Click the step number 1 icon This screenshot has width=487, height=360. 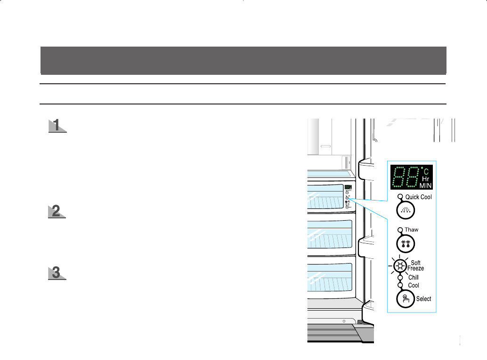pyautogui.click(x=57, y=126)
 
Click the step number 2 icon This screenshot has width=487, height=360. pyautogui.click(x=57, y=211)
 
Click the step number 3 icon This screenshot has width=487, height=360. pyautogui.click(x=57, y=273)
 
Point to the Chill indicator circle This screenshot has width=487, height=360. pyautogui.click(x=400, y=278)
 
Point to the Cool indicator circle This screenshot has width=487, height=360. pyautogui.click(x=400, y=285)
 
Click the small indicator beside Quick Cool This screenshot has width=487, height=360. pyautogui.click(x=400, y=197)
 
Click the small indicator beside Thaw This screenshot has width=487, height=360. pyautogui.click(x=400, y=230)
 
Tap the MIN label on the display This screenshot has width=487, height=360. pyautogui.click(x=426, y=186)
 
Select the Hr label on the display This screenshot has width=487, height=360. pyautogui.click(x=426, y=179)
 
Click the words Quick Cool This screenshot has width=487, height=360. pyautogui.click(x=418, y=197)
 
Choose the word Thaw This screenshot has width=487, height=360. pyautogui.click(x=412, y=230)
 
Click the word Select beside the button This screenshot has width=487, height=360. pyautogui.click(x=423, y=299)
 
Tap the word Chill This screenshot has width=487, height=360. pyautogui.click(x=413, y=278)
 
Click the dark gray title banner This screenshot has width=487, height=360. pyautogui.click(x=243, y=60)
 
